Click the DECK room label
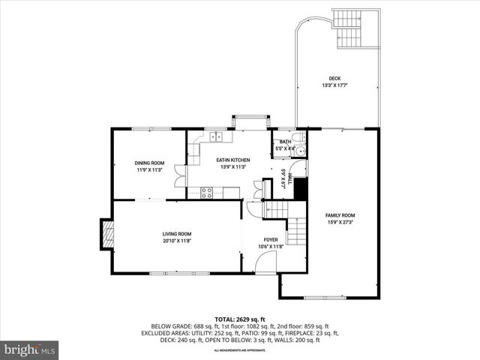point(334,79)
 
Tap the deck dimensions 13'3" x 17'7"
point(334,85)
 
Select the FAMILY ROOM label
point(339,215)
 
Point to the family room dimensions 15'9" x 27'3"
point(339,222)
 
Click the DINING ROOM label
point(149,163)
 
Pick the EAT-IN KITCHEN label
point(232,160)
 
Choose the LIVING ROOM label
point(177,234)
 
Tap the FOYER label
point(270,239)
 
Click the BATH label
point(285,142)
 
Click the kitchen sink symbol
point(217,136)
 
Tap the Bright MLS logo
point(30,349)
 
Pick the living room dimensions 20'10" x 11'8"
point(177,241)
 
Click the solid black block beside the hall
point(301,189)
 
